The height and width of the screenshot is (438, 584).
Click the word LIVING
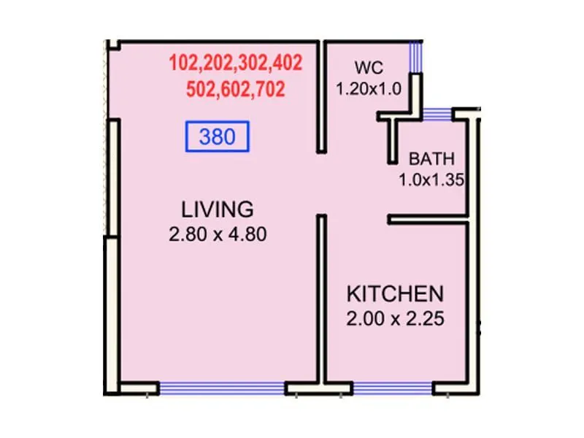pos(218,209)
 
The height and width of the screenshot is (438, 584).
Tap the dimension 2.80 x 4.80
pos(218,235)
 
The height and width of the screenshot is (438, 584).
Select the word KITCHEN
pos(394,294)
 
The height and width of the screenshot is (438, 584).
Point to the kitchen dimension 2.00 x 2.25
pos(395,319)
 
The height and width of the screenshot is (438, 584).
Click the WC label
pos(369,69)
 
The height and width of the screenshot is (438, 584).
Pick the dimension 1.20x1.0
pos(369,89)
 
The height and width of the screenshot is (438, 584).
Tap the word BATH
pos(431,158)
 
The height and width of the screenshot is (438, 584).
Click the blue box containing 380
pos(218,137)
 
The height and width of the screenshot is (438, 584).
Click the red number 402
pos(285,63)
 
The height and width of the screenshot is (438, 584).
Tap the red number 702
pos(269,90)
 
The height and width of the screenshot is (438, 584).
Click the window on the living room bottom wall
pos(222,389)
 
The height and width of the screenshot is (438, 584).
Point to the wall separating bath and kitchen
pos(427,218)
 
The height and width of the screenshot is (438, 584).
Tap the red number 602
pos(235,90)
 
